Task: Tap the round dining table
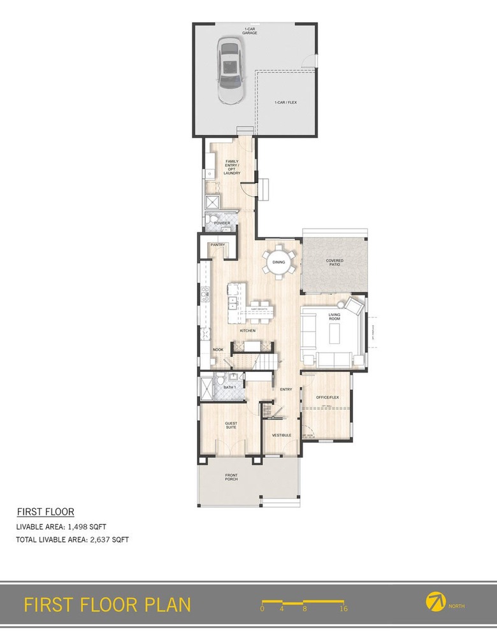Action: pyautogui.click(x=279, y=262)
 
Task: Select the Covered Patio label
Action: pyautogui.click(x=335, y=262)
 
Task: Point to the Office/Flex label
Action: pyautogui.click(x=328, y=397)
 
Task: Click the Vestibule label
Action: pyautogui.click(x=282, y=435)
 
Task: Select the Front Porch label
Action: pyautogui.click(x=231, y=477)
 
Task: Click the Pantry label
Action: pyautogui.click(x=217, y=244)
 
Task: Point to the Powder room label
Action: pyautogui.click(x=222, y=223)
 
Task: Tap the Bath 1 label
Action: pyautogui.click(x=231, y=387)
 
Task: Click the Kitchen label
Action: pyautogui.click(x=248, y=331)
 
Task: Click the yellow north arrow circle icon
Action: pyautogui.click(x=435, y=601)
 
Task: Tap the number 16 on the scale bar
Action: pyautogui.click(x=343, y=609)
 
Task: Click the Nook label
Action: pyautogui.click(x=218, y=350)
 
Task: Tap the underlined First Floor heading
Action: pyautogui.click(x=45, y=511)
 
